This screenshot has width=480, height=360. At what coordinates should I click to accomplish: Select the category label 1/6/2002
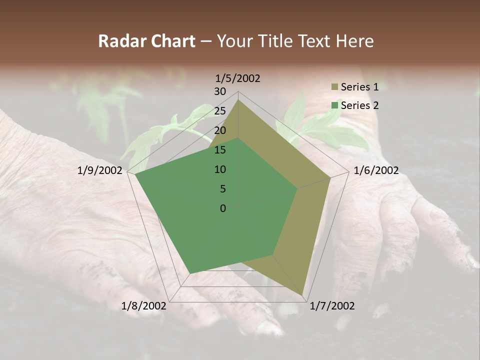[376, 170]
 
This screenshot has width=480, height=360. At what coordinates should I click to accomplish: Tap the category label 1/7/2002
[332, 305]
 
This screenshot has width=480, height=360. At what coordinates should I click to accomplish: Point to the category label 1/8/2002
[144, 305]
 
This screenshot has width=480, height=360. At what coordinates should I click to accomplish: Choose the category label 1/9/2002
[100, 170]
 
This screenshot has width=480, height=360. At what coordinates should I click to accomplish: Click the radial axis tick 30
[220, 91]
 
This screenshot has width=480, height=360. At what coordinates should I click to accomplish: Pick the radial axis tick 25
[220, 111]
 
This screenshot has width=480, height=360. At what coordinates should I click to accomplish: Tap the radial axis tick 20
[220, 130]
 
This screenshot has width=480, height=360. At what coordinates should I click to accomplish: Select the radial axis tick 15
[220, 150]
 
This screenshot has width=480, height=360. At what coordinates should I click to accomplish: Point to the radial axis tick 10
[220, 169]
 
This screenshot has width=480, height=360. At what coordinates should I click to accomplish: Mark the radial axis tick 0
[223, 208]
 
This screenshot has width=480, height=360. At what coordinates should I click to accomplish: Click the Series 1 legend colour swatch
[334, 87]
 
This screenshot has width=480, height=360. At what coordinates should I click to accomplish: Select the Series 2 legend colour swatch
[334, 105]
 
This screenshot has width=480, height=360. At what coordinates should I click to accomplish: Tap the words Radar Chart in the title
[146, 41]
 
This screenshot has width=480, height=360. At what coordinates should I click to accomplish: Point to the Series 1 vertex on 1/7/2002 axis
[302, 294]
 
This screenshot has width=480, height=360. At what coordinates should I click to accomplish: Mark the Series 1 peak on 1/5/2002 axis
[238, 99]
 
